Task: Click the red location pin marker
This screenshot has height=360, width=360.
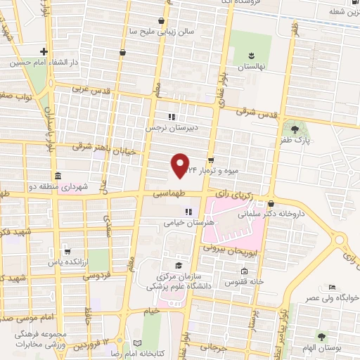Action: click(181, 165)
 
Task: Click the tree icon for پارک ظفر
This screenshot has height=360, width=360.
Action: click(294, 129)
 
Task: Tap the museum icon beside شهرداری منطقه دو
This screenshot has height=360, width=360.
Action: click(56, 175)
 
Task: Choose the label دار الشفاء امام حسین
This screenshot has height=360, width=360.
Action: click(40, 63)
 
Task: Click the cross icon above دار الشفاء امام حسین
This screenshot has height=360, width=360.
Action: click(44, 51)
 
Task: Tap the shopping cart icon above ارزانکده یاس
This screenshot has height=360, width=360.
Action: click(67, 250)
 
